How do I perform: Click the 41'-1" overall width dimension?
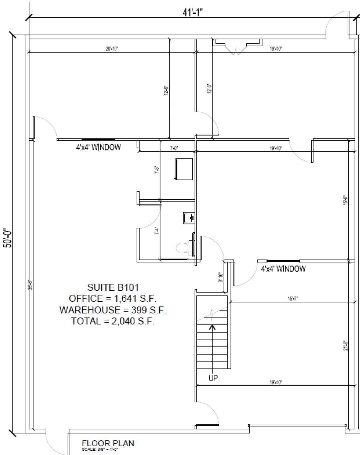(x=193, y=12)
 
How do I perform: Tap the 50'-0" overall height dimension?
(x=8, y=238)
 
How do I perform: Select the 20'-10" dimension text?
(x=112, y=49)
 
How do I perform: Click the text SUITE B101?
(x=113, y=287)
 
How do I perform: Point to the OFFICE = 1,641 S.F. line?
(x=113, y=299)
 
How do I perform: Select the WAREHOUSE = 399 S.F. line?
(x=113, y=310)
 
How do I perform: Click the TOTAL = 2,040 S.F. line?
(x=113, y=321)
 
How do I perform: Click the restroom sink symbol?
(x=188, y=218)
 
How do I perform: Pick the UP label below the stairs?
(x=213, y=378)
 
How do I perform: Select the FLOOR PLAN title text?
(x=108, y=443)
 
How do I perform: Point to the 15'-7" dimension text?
(x=293, y=299)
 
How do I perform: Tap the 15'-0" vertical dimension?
(x=346, y=200)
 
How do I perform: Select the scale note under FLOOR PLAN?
(x=100, y=450)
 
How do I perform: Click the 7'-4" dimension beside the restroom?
(x=156, y=231)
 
